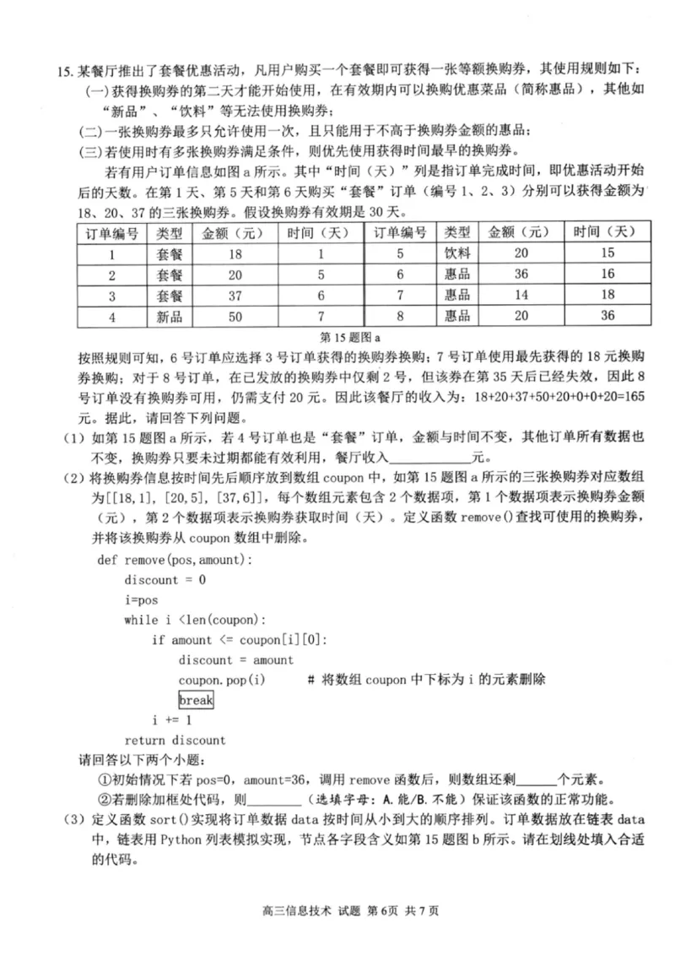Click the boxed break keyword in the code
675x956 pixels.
coord(196,700)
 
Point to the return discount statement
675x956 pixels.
coord(175,740)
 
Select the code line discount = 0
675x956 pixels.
coord(165,579)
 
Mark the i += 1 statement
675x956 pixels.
coord(172,720)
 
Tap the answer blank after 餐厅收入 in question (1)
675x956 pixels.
coord(440,458)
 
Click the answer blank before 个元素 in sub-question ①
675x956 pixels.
coord(536,779)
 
